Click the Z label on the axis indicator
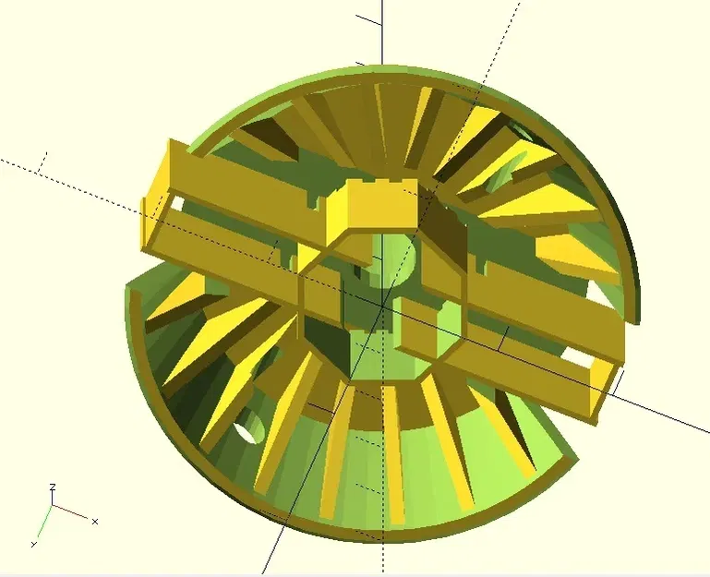53,486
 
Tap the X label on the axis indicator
94,522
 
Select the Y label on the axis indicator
34,544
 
